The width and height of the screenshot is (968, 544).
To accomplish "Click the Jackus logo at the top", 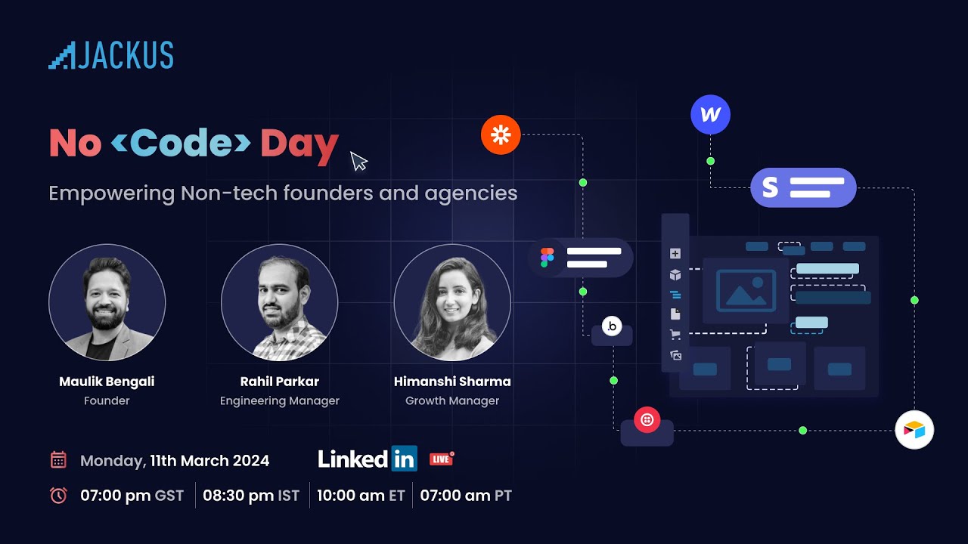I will coord(111,56).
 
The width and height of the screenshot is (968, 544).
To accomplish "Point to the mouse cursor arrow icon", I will coord(358,161).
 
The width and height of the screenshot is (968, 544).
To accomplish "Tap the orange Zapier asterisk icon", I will coord(501,135).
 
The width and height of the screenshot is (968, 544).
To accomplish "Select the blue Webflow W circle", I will coord(710,115).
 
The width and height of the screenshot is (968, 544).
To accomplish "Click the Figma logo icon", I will coord(547,258).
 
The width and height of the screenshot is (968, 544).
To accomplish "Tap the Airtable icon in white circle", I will coord(914,430).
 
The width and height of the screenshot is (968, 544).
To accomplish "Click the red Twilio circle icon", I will coord(647,419).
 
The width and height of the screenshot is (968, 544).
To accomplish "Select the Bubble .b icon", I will coord(612,326).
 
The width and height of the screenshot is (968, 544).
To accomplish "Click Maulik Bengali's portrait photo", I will coord(107,302).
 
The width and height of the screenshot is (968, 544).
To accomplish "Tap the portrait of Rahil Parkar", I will coord(279,302).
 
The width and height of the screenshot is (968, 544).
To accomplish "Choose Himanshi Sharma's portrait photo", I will coord(452,302).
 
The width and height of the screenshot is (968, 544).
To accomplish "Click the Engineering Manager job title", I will coord(279,401).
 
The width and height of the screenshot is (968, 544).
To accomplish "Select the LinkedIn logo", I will coord(368,459).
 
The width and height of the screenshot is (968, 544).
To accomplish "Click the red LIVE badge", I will coord(442,459).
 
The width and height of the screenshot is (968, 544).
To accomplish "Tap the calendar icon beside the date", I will coord(58,460).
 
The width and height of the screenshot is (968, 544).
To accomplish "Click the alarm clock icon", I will coord(58,496).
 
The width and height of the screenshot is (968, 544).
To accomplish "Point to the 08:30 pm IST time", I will coord(251,496).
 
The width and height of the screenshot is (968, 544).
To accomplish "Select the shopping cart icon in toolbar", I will coord(675,335).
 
